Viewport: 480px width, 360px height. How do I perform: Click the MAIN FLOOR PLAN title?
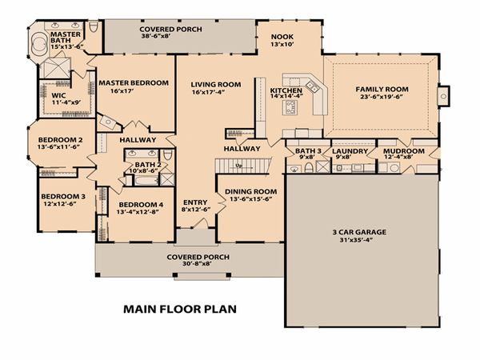click(180, 309)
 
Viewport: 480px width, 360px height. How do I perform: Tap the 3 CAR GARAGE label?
click(359, 232)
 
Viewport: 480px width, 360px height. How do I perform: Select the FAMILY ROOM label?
click(382, 90)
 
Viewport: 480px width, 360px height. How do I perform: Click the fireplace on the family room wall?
click(443, 96)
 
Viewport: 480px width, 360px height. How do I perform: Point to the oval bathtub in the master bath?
click(39, 45)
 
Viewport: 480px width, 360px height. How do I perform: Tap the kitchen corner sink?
click(312, 86)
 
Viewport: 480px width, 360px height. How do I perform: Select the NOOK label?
click(282, 37)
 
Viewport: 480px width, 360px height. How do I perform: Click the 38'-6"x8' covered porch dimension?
click(155, 36)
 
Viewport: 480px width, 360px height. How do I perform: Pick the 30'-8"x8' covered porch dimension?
click(198, 263)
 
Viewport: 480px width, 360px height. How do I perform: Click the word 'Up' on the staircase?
click(238, 166)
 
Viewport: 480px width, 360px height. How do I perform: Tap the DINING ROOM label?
click(251, 192)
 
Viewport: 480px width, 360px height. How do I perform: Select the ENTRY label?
click(195, 202)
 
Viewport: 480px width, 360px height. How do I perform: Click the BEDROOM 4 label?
click(141, 205)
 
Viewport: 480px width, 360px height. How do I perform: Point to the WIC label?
click(58, 95)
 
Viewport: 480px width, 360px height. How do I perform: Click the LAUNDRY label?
click(350, 151)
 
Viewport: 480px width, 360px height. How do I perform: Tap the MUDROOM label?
click(404, 151)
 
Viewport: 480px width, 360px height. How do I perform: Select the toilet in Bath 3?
click(309, 168)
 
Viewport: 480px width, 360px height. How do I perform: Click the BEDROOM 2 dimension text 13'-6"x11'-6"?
click(58, 146)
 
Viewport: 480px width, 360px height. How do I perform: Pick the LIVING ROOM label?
click(216, 85)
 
